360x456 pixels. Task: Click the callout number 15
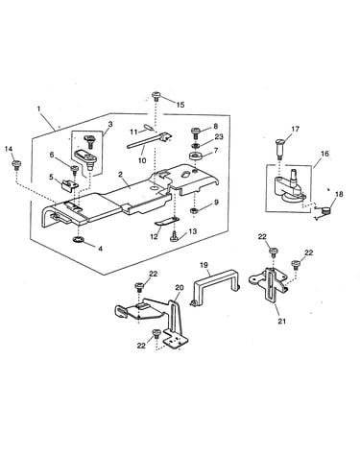coord(180,105)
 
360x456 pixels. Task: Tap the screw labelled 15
coord(156,96)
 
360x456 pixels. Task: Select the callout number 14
coord(9,149)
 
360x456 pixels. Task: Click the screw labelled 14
coord(15,166)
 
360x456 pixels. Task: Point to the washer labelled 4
coord(78,239)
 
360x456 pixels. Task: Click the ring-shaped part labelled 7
coord(195,156)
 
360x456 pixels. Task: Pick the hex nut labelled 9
coord(194,211)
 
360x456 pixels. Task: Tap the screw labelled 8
coord(196,132)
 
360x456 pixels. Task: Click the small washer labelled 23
coord(195,146)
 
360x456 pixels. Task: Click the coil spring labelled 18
coord(324,211)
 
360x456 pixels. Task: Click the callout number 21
coord(281,321)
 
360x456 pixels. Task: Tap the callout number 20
coord(180,288)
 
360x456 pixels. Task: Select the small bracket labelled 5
coord(69,184)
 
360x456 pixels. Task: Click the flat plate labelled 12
coord(167,222)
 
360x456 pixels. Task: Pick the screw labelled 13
coord(174,237)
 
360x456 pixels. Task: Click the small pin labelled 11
coord(149,128)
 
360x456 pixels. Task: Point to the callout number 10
coord(142,160)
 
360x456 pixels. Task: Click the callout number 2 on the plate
coord(120,175)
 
